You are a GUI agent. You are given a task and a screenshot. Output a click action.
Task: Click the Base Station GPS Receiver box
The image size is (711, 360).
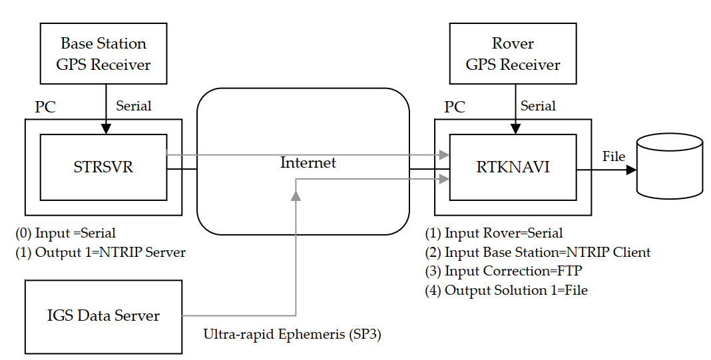click(x=103, y=54)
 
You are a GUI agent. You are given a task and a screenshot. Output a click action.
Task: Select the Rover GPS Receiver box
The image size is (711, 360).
click(x=513, y=54)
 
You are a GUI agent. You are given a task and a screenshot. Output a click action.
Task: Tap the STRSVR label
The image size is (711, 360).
click(x=103, y=167)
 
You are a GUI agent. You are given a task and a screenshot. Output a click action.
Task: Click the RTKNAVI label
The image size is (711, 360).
click(x=513, y=167)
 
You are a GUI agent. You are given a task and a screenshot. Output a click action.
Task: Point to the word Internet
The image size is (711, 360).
click(x=308, y=162)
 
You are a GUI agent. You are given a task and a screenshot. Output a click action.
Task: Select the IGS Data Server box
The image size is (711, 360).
click(x=103, y=316)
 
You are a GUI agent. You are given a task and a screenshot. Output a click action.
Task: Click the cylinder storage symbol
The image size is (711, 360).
click(x=669, y=166)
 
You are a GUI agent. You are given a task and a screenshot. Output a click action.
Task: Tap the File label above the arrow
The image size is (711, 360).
click(x=614, y=156)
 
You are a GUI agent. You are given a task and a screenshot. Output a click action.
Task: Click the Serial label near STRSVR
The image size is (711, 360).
click(x=134, y=106)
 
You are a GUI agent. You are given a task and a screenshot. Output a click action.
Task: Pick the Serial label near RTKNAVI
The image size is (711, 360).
click(x=538, y=106)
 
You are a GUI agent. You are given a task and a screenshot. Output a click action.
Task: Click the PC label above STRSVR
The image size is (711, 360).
click(x=45, y=107)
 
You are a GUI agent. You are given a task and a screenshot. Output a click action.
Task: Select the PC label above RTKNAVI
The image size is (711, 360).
click(x=455, y=107)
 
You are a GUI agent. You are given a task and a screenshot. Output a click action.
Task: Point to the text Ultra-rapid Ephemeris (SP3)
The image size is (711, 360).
click(x=292, y=333)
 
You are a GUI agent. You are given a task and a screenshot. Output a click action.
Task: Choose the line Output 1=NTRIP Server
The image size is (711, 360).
click(x=101, y=252)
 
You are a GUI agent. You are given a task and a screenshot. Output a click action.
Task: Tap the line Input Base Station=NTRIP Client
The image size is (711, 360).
click(x=538, y=252)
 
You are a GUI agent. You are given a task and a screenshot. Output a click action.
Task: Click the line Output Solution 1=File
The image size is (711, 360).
click(x=506, y=290)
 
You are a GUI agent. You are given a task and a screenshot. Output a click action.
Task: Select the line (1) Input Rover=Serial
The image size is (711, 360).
click(x=494, y=233)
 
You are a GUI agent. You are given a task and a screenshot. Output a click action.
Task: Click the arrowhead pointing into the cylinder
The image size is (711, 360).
click(x=630, y=169)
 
